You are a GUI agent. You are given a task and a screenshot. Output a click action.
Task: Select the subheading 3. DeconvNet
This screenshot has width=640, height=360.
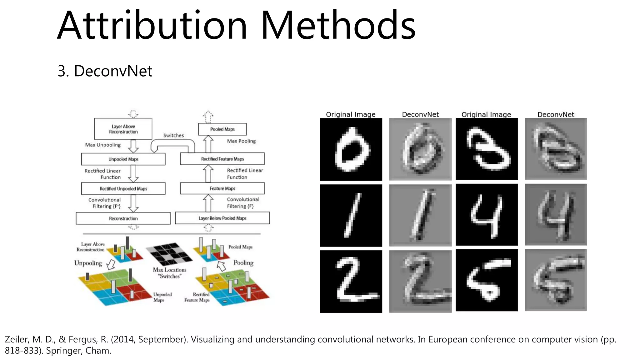(x=105, y=71)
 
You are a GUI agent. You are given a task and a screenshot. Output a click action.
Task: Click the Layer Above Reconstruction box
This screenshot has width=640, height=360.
(x=123, y=129)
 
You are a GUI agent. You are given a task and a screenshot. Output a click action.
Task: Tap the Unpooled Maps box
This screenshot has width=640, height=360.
(x=123, y=159)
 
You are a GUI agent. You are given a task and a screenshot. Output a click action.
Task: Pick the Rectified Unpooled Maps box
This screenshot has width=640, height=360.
(x=123, y=189)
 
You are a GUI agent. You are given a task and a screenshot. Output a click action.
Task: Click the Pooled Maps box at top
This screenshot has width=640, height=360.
(x=222, y=129)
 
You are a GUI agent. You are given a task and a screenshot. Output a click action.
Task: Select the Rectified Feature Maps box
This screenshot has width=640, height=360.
(x=222, y=159)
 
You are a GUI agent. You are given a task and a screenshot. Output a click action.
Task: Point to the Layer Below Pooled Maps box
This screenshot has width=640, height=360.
(x=222, y=218)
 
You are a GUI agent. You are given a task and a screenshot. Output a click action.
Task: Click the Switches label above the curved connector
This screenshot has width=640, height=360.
(x=173, y=135)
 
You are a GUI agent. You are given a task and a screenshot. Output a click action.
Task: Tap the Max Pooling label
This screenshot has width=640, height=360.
(x=241, y=141)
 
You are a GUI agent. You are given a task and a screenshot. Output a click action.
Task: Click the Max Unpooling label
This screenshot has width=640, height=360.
(x=103, y=145)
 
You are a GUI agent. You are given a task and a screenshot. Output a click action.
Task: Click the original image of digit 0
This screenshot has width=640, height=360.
(x=351, y=149)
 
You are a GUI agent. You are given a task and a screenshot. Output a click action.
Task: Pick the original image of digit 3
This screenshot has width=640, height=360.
(x=487, y=149)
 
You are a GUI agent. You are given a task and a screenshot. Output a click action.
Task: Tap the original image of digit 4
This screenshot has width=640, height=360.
(x=487, y=215)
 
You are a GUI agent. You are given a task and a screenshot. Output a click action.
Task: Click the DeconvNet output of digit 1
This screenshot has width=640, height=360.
(x=420, y=215)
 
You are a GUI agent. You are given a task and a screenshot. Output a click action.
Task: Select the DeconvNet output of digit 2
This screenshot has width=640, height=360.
(x=420, y=281)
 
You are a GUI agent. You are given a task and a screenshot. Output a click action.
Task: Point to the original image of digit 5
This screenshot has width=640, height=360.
(x=487, y=280)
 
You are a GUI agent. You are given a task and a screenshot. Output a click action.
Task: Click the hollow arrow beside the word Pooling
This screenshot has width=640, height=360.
(x=221, y=266)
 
